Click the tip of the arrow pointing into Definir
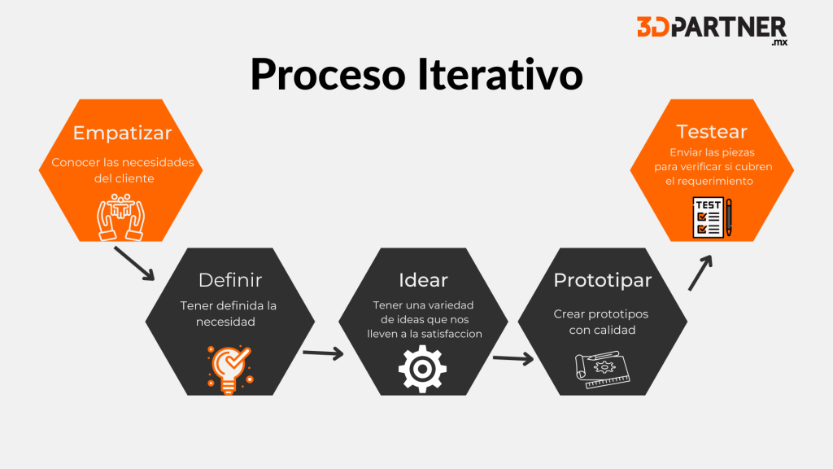154,280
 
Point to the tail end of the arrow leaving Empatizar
115,248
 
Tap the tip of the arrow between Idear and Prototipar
534,359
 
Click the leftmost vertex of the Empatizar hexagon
39,170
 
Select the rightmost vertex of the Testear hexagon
794,170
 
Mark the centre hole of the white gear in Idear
422,369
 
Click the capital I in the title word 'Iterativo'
422,73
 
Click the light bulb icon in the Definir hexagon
230,370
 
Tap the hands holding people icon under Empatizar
120,217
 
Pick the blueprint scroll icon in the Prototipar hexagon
603,370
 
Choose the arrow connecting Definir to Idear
323,353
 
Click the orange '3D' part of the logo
653,27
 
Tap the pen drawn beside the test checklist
729,217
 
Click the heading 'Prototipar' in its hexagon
603,280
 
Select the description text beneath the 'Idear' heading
424,319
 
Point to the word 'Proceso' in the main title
328,74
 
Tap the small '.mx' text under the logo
779,42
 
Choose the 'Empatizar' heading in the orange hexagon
122,133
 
